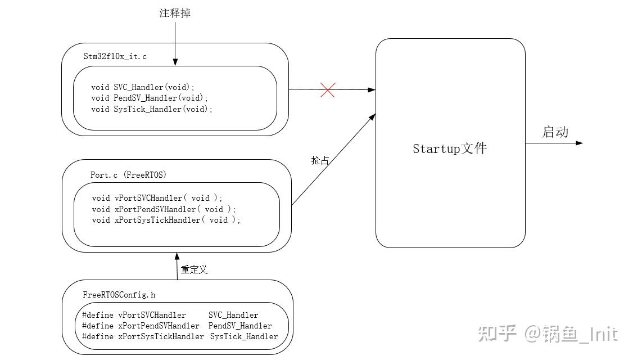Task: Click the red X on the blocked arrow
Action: (328, 89)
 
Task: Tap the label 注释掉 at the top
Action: (175, 13)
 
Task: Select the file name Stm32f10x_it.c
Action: (115, 57)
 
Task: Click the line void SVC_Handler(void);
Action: (143, 87)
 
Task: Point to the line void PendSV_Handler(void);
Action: (150, 98)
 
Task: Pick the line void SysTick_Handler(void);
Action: (152, 109)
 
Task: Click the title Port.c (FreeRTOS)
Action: (128, 175)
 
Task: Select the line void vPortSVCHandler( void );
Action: (157, 198)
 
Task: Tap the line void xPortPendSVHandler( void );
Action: (164, 209)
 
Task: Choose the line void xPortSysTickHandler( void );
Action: (166, 220)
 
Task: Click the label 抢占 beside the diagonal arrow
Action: (320, 160)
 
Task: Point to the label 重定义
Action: (194, 269)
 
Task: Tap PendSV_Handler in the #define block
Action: (240, 326)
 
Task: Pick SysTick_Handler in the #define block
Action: (244, 336)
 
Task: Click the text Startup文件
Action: (450, 148)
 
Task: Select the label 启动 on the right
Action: (555, 132)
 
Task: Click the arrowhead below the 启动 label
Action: (580, 143)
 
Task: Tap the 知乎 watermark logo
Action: (497, 334)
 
